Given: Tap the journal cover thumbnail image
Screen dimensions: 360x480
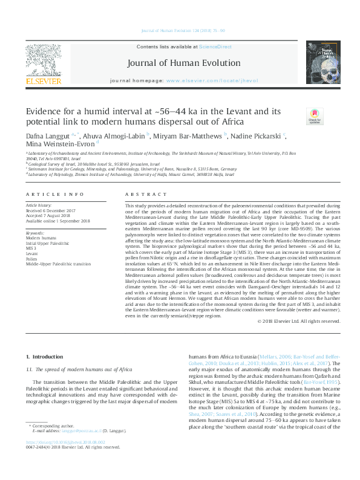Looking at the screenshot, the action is point(321,62).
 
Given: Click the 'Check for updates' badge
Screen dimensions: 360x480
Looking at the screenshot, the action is point(315,115).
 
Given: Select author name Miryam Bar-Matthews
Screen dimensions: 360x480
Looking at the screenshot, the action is point(189,137).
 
